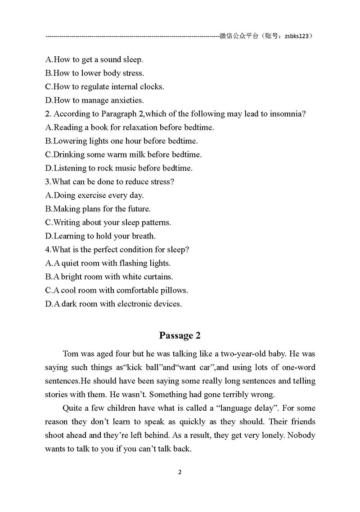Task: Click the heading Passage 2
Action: (x=180, y=335)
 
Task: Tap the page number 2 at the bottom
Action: (x=180, y=472)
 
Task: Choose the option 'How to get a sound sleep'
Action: (x=94, y=59)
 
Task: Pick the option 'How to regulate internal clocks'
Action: (x=105, y=87)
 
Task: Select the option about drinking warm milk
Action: (x=124, y=154)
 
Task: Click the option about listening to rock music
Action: (x=119, y=168)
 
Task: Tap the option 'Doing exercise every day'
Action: (x=95, y=195)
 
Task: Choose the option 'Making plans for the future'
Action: (x=98, y=209)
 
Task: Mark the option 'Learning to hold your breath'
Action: (x=100, y=236)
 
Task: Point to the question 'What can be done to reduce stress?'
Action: (x=110, y=182)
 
